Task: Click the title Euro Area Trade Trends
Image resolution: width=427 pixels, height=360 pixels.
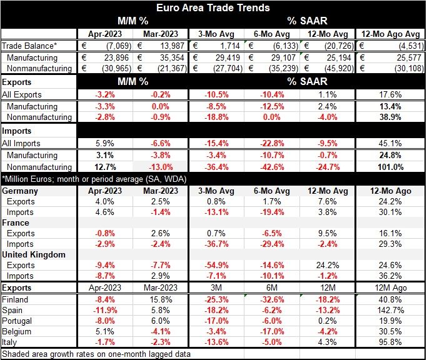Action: pos(213,8)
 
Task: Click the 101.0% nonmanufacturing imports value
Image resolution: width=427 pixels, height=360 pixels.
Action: pos(390,167)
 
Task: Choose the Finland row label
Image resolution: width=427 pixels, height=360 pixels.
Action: pos(16,299)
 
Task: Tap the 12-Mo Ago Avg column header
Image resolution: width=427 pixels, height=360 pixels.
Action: pos(389,34)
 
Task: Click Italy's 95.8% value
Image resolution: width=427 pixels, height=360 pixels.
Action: pos(390,342)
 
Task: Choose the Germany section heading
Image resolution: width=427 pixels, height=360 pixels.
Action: pos(22,189)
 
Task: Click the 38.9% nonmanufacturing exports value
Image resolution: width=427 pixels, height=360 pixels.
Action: pos(390,117)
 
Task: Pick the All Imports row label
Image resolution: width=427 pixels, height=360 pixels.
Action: pos(24,143)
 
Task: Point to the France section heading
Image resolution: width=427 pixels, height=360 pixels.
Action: pos(17,222)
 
